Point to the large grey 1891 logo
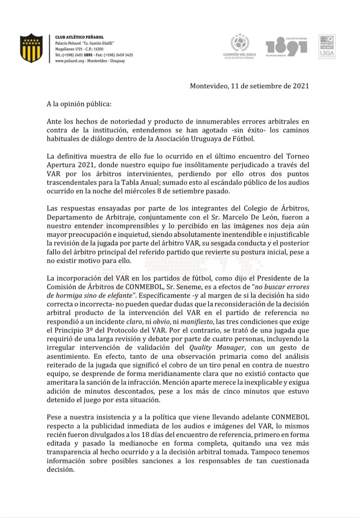coord(286,46)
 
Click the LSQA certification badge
coord(327,46)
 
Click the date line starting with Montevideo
coord(249,86)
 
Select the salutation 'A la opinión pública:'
coord(79,104)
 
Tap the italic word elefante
coord(118,295)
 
